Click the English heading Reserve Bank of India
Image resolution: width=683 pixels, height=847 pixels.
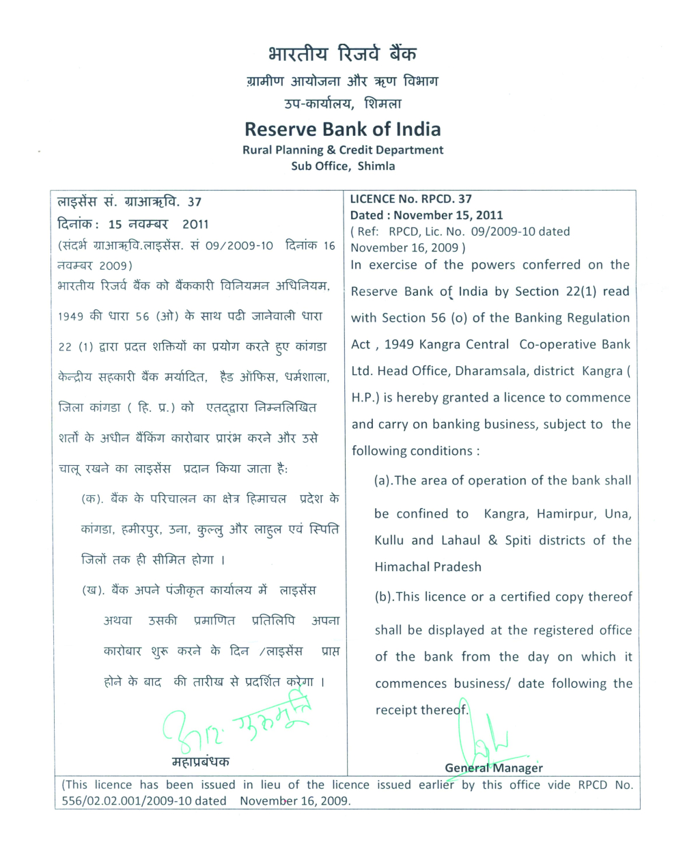[x=342, y=129]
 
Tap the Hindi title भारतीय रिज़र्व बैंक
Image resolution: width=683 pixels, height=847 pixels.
[x=342, y=54]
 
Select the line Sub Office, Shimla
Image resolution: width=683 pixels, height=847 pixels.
[x=343, y=166]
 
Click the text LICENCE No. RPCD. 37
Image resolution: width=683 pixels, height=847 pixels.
[x=410, y=199]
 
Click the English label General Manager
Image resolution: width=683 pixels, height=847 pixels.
[x=494, y=768]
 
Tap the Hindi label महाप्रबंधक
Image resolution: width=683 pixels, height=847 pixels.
[x=200, y=761]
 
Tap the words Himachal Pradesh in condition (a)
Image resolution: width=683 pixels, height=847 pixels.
[x=428, y=567]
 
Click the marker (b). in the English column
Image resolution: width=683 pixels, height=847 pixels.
[x=385, y=597]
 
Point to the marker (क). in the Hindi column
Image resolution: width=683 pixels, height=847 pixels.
[x=92, y=499]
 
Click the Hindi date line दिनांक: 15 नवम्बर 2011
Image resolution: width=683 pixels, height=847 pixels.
[x=133, y=224]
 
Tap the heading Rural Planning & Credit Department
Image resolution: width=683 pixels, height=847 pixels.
[x=343, y=150]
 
